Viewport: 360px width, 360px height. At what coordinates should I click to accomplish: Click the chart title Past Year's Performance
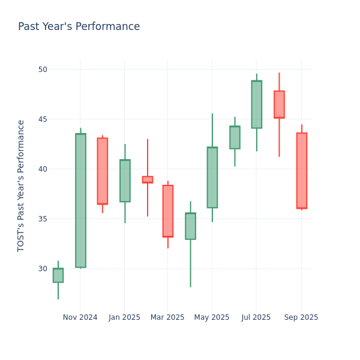click(79, 27)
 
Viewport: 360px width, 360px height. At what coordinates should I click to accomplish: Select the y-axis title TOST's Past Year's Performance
click(21, 185)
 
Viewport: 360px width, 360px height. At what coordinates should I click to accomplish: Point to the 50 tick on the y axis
click(42, 69)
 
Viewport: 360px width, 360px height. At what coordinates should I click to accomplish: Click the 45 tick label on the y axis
click(42, 119)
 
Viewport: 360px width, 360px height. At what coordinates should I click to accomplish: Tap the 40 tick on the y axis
click(42, 169)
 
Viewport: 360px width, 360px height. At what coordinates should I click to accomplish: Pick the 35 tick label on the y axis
click(42, 218)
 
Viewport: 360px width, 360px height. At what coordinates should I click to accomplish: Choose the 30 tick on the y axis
click(42, 268)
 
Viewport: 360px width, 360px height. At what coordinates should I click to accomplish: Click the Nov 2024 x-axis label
click(80, 317)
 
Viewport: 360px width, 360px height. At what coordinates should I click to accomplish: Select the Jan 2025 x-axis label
click(124, 317)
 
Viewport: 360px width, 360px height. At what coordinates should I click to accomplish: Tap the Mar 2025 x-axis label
click(167, 317)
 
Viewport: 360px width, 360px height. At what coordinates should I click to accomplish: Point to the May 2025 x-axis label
click(212, 317)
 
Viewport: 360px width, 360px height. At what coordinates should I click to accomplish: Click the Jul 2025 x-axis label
click(256, 317)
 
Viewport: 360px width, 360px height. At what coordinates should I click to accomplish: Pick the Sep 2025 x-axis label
click(301, 317)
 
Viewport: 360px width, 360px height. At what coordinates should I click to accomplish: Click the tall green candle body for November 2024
click(80, 200)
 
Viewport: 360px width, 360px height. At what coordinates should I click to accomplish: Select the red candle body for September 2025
click(301, 170)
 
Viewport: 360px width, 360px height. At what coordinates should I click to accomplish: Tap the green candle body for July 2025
click(256, 104)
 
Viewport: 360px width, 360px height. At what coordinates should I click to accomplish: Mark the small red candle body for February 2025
click(147, 179)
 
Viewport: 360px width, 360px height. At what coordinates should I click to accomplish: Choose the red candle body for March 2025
click(168, 211)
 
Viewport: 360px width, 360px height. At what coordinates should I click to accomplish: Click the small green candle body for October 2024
click(58, 275)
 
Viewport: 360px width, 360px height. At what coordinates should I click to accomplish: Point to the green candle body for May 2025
click(212, 178)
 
